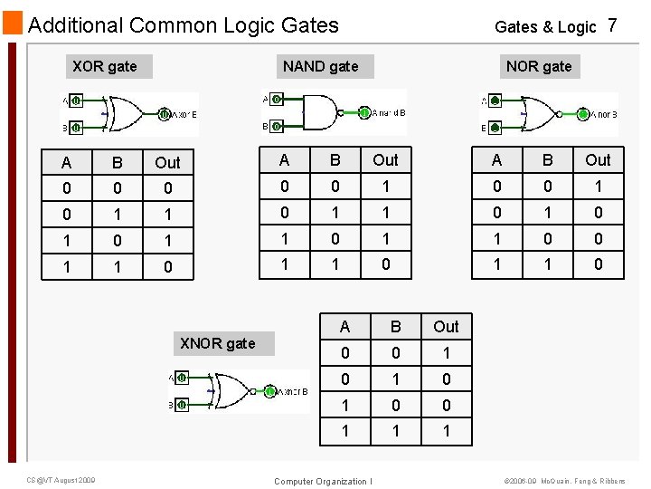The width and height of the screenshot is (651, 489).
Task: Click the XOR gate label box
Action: (105, 66)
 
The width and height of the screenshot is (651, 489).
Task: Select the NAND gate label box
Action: (320, 66)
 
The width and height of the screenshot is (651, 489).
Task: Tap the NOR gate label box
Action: (539, 66)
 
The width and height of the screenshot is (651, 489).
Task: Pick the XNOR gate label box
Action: (218, 343)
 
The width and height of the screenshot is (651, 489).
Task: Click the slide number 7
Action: (612, 25)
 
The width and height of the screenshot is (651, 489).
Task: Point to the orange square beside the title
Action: (12, 24)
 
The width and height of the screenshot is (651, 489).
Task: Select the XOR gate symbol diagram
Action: (129, 114)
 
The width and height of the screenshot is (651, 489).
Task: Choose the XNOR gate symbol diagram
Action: (239, 391)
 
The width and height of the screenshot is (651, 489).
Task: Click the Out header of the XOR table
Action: (168, 163)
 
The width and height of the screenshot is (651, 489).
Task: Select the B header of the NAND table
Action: (335, 160)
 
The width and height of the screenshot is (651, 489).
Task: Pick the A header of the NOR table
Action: (496, 160)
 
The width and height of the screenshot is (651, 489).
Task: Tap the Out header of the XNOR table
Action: (446, 327)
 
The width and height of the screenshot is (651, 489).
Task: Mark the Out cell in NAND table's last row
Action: (386, 265)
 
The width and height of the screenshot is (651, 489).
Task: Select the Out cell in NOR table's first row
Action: (599, 187)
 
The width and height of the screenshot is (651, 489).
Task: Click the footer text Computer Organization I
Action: (323, 481)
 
